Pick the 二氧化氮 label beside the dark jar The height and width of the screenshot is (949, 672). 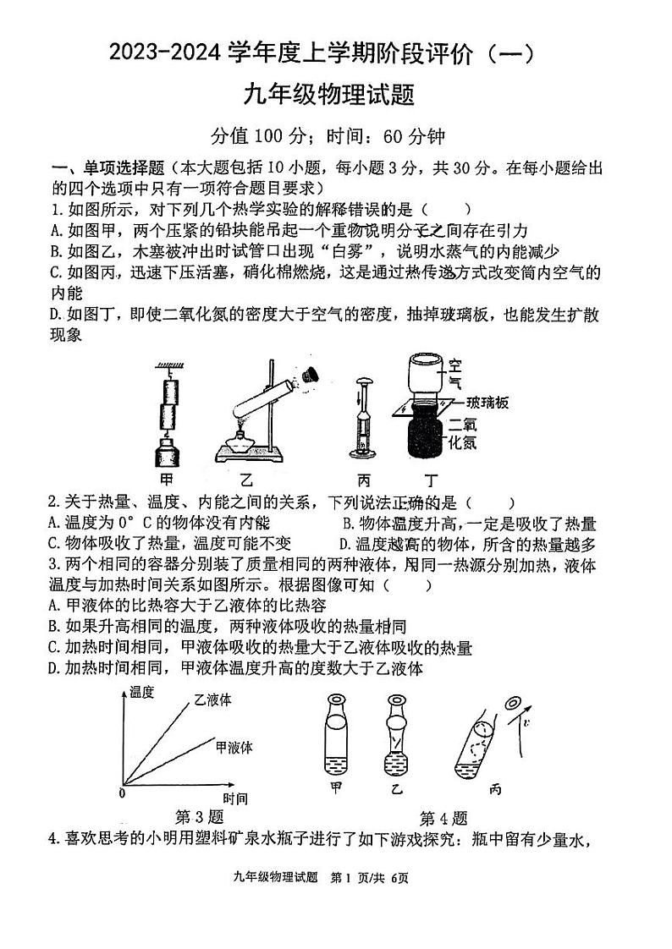coord(458,432)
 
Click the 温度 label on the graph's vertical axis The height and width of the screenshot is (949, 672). coord(142,693)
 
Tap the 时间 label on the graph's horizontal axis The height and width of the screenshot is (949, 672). coord(235,798)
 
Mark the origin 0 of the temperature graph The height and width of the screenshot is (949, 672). coord(122,794)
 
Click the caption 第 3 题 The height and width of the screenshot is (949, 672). coord(199,817)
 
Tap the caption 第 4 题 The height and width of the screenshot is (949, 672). coord(443,818)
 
